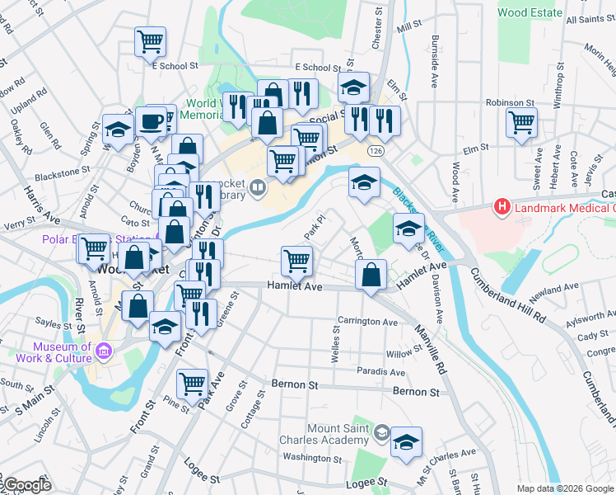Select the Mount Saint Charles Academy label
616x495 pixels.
[338, 434]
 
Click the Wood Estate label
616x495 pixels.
[530, 13]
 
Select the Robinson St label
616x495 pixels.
[511, 103]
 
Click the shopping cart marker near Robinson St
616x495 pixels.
[522, 123]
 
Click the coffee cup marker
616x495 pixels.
[151, 121]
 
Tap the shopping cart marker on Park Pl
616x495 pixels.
[296, 261]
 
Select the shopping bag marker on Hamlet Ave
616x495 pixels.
[372, 274]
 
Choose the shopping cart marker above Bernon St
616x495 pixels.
[192, 383]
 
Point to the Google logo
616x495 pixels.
[27, 485]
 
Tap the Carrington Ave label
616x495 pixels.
[367, 321]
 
